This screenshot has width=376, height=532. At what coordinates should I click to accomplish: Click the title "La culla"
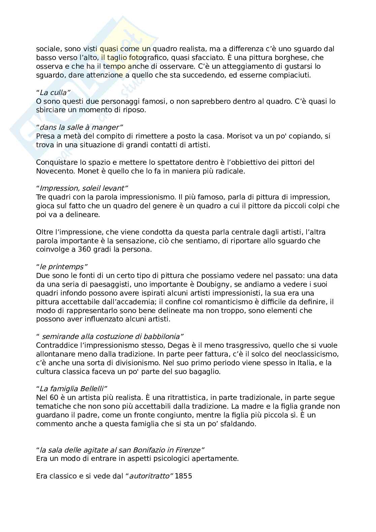click(x=53, y=93)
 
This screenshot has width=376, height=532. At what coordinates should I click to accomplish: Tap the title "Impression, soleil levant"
click(x=82, y=188)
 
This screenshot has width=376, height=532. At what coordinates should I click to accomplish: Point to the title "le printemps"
click(x=62, y=267)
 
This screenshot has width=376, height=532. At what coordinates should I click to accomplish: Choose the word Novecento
click(x=55, y=171)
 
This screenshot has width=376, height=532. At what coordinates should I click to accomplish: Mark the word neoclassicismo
click(x=311, y=354)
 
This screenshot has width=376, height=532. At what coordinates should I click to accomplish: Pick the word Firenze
click(x=189, y=450)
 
